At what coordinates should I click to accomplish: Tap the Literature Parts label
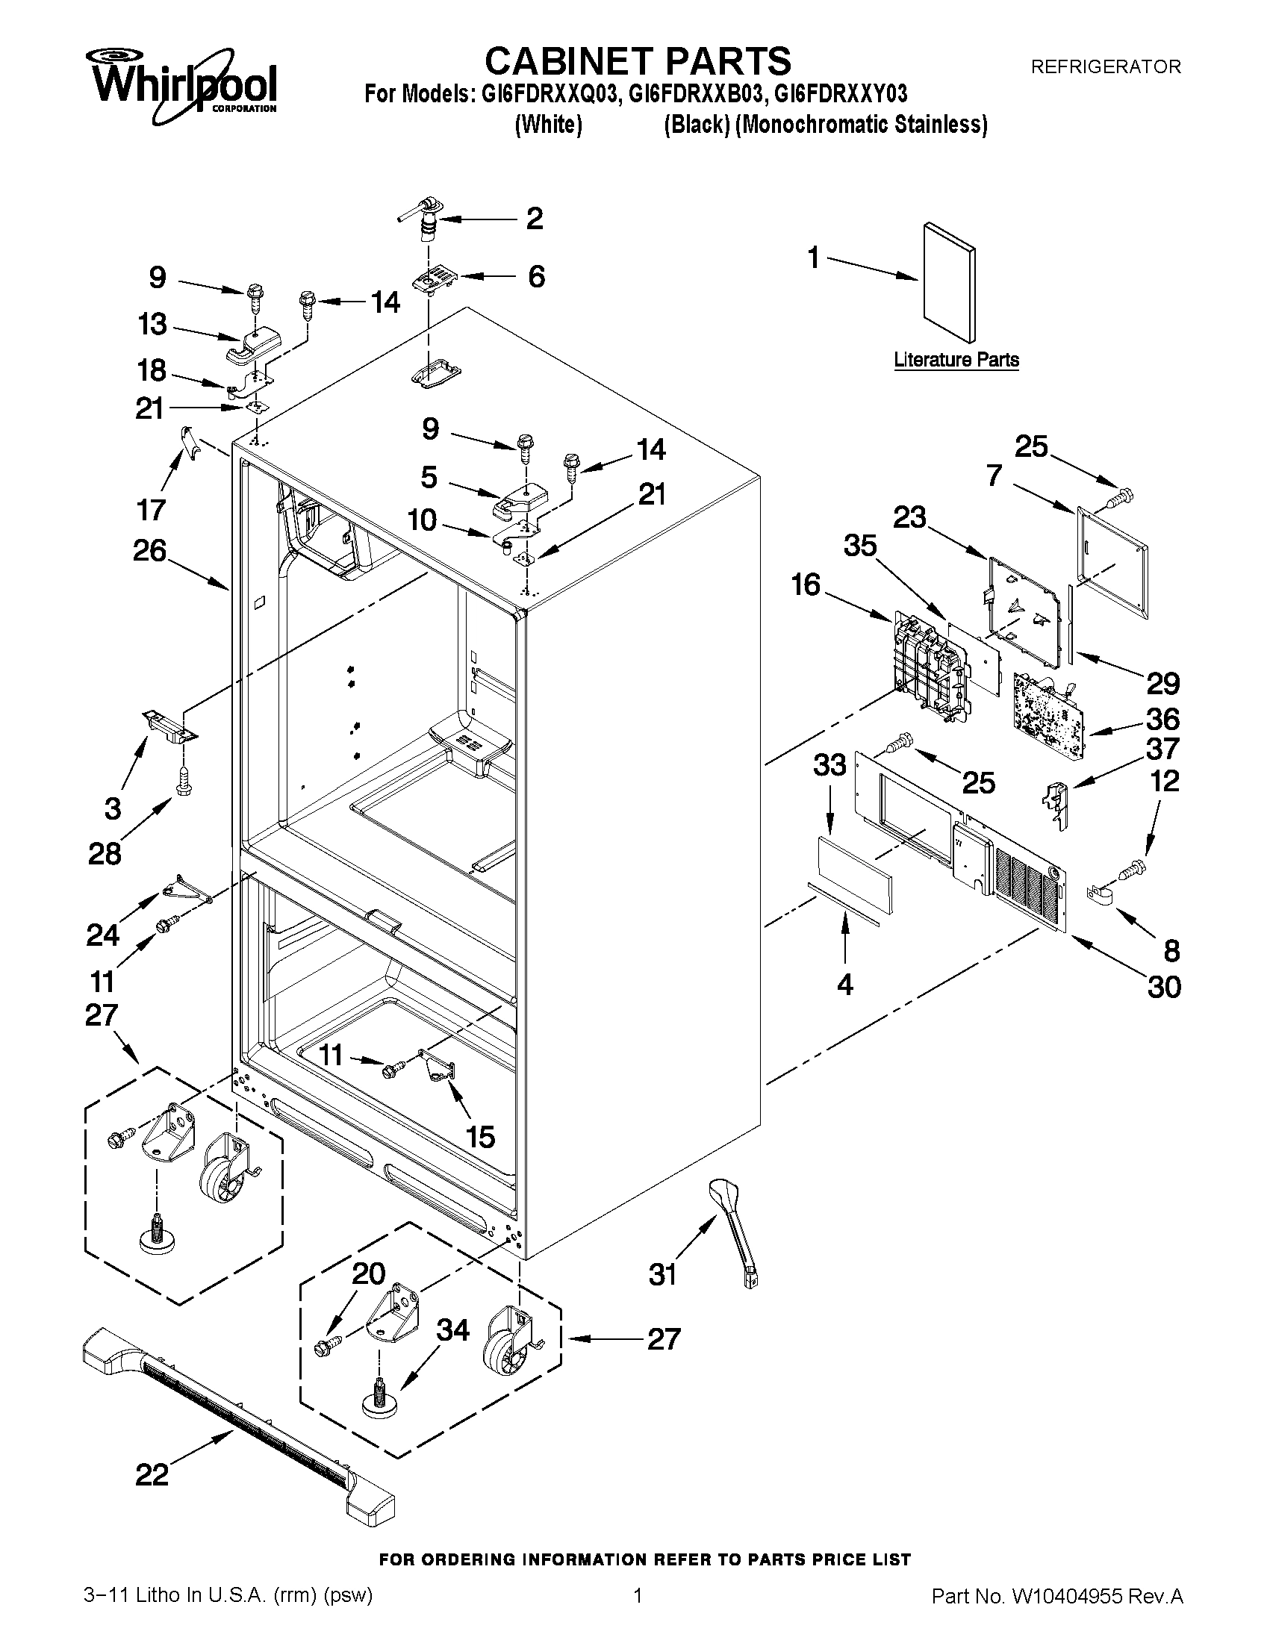956,360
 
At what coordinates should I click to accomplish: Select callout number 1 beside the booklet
813,258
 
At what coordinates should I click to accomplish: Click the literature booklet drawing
949,282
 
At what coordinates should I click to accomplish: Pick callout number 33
829,765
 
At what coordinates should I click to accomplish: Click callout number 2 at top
534,218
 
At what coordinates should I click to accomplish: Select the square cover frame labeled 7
1112,561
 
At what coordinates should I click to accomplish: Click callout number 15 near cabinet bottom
480,1136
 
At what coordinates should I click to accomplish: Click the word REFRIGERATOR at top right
1105,67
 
